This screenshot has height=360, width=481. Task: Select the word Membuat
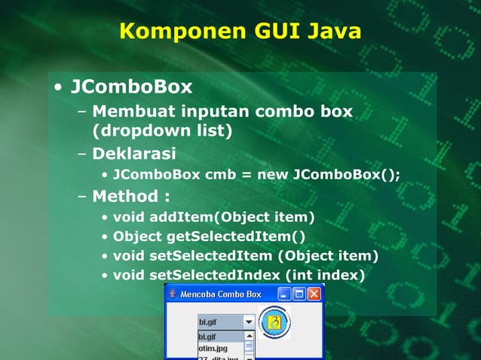click(133, 112)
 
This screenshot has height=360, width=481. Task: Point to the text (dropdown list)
click(161, 131)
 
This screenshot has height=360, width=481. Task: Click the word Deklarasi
click(133, 154)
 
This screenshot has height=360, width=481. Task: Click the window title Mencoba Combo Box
click(220, 294)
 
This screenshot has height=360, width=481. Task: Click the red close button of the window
click(314, 294)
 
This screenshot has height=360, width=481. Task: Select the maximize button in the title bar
click(299, 294)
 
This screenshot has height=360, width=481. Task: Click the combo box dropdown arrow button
click(249, 322)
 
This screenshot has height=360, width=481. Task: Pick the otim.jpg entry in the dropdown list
click(213, 349)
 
